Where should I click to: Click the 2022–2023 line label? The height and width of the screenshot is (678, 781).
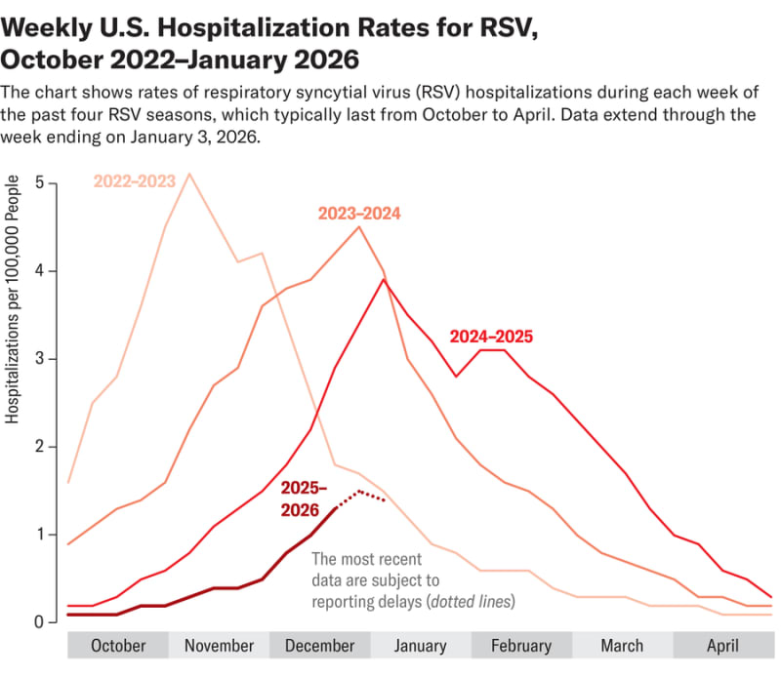(135, 180)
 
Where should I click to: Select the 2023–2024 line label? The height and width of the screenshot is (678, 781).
(358, 213)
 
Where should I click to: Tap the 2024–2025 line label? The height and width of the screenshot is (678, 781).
(491, 337)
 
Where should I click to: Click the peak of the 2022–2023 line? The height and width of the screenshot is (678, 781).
(188, 175)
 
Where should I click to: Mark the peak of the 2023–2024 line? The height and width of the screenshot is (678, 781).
(359, 227)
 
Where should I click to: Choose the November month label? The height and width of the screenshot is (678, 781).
(219, 646)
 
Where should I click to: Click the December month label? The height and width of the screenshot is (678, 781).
(319, 646)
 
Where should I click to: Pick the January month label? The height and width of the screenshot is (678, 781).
(421, 646)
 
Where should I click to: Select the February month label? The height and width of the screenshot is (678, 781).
(520, 646)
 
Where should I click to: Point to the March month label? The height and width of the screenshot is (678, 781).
(622, 646)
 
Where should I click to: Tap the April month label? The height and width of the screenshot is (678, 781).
(722, 646)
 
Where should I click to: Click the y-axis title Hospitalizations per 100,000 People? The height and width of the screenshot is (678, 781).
(14, 299)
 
